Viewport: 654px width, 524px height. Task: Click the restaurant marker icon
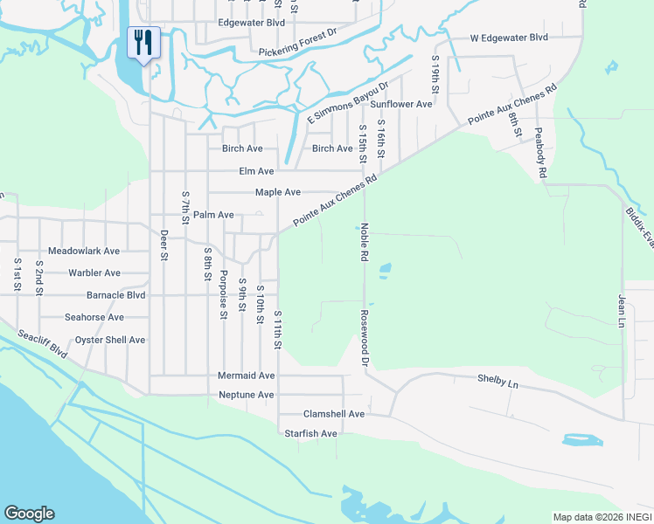click(142, 42)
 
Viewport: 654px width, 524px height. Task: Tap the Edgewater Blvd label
click(252, 23)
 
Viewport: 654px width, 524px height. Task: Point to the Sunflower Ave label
click(401, 104)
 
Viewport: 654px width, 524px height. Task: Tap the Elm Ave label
click(256, 171)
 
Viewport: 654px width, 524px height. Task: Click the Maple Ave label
click(277, 192)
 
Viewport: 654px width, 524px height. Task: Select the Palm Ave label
click(213, 215)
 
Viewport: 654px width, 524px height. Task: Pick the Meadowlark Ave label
click(84, 251)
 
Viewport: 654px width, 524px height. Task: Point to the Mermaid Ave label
click(246, 376)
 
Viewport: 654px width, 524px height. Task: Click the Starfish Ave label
click(310, 433)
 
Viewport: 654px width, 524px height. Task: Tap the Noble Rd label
click(364, 242)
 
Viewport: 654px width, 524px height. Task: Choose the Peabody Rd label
click(541, 156)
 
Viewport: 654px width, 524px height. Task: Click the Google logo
click(29, 514)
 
